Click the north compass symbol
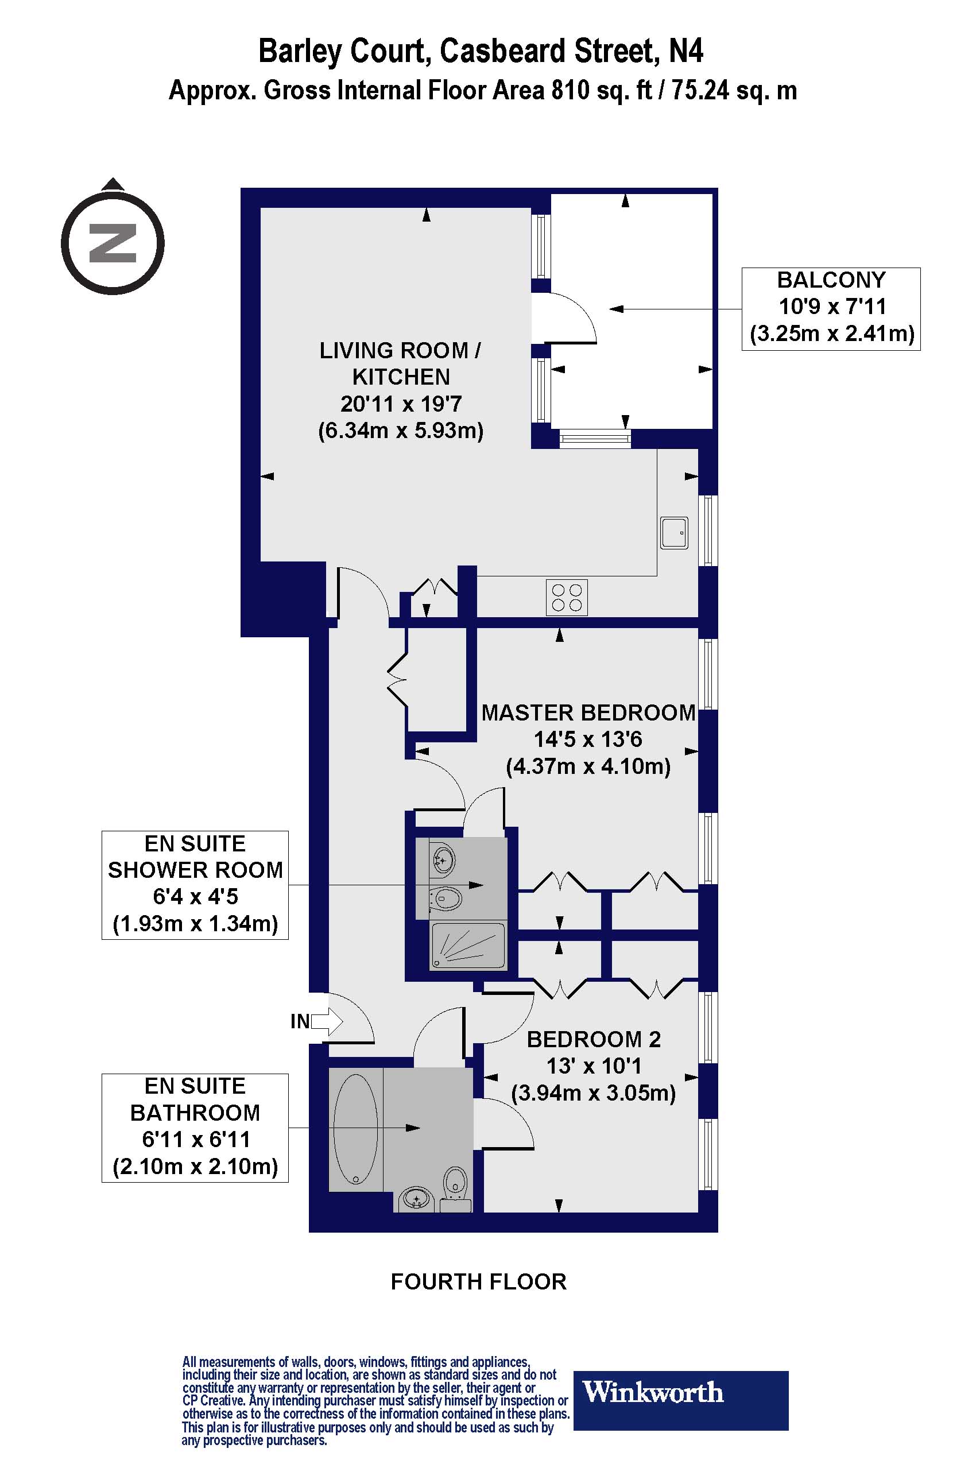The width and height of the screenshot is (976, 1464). coord(113,243)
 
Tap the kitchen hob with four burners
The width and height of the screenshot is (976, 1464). coord(567,598)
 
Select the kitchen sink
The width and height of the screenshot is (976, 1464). coord(674,533)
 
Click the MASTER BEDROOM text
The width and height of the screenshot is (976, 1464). coord(588,712)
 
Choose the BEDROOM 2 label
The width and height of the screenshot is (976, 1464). coord(593,1040)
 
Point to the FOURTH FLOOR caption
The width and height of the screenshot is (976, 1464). coord(478,1281)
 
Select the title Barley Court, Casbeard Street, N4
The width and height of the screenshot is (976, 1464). coord(481,51)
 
